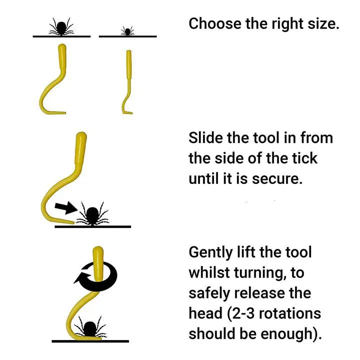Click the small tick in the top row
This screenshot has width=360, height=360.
(x=127, y=31)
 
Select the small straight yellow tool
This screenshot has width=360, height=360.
(x=128, y=80)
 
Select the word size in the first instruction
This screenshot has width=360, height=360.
(x=321, y=23)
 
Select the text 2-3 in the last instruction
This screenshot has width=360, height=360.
(x=243, y=314)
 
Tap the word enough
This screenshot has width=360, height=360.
(x=295, y=334)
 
